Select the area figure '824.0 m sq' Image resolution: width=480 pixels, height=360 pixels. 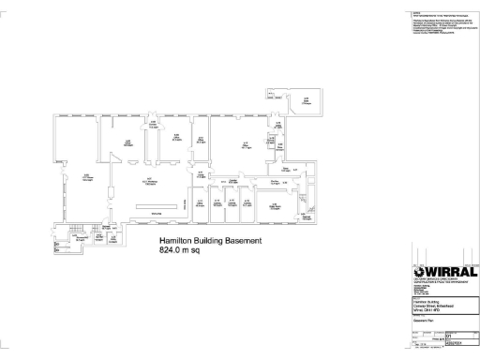(184, 252)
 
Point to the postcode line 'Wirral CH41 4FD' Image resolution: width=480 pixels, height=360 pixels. (427, 309)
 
